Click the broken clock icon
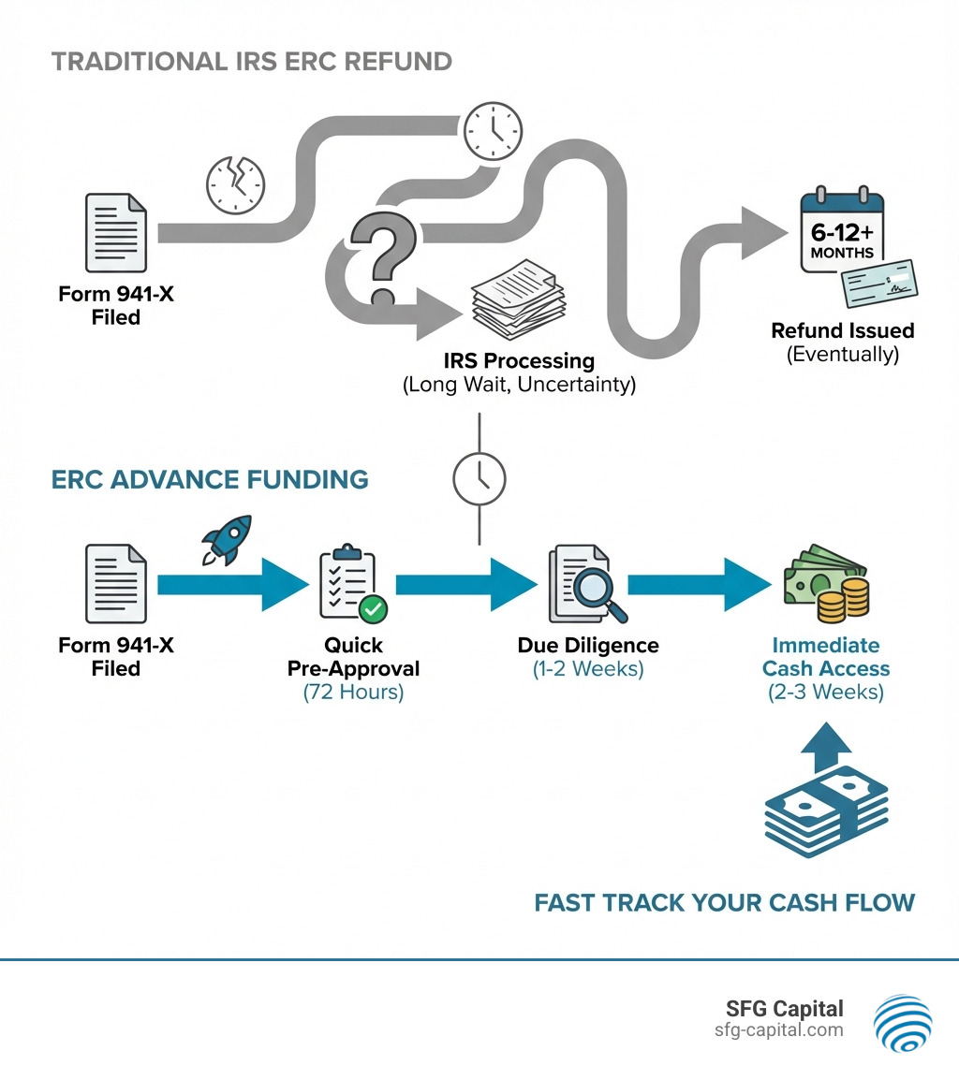[x=235, y=182]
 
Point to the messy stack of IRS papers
[x=513, y=300]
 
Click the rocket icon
[x=227, y=539]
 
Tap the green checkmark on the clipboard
[x=373, y=609]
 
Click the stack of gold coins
[x=843, y=599]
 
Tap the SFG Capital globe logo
[x=903, y=1022]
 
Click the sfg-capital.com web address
[x=777, y=1030]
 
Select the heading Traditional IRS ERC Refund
[x=251, y=62]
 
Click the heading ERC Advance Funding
[x=210, y=480]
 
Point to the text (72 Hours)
[x=353, y=693]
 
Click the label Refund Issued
[x=842, y=330]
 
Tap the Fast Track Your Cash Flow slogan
[x=724, y=903]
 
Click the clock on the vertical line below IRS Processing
[x=479, y=478]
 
